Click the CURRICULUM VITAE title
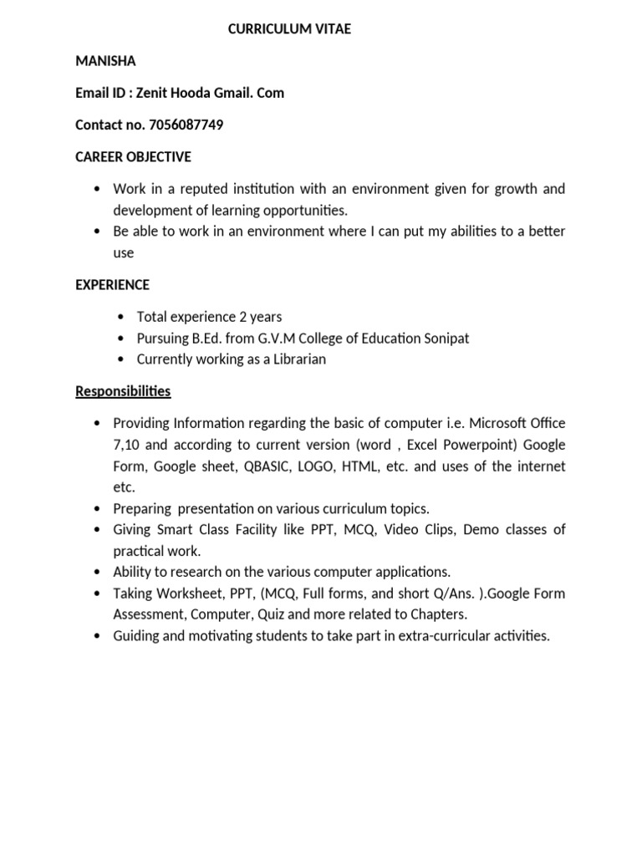[290, 29]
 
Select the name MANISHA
[105, 61]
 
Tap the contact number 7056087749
[186, 125]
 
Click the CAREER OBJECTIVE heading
[133, 156]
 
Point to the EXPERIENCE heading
[112, 284]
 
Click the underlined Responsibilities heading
[123, 390]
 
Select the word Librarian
[298, 359]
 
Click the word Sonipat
[444, 338]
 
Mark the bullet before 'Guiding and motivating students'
[98, 636]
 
